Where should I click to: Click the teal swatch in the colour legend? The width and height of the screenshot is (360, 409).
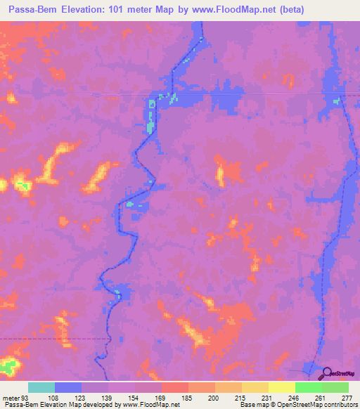pos(41,388)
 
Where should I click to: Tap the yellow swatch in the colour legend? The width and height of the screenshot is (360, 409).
pos(281,388)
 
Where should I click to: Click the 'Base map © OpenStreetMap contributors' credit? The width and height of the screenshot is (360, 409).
pos(297,404)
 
